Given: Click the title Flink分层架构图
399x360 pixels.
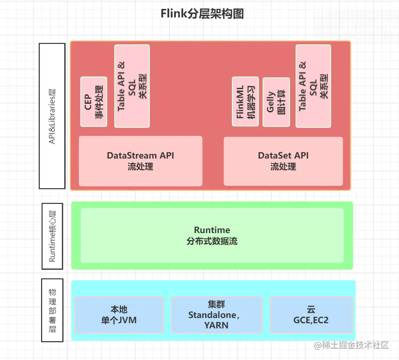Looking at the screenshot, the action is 202,14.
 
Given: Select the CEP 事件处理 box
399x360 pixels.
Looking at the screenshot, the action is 93,102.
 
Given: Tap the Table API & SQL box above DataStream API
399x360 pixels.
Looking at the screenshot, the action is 132,86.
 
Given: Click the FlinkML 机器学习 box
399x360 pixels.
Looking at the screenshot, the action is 246,101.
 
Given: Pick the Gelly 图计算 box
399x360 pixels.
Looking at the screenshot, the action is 276,102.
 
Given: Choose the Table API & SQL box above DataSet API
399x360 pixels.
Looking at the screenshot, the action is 313,86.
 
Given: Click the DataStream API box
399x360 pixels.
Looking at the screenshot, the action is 140,161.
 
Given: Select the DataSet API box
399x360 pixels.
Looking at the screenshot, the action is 283,161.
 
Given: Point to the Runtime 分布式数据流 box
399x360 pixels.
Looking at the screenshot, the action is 212,235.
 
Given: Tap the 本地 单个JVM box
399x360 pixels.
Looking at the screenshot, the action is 119,315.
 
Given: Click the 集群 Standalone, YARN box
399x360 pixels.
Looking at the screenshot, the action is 216,315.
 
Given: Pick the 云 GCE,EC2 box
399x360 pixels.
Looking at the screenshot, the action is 311,315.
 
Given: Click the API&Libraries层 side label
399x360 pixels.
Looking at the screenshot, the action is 52,116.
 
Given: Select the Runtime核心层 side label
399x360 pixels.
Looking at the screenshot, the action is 52,236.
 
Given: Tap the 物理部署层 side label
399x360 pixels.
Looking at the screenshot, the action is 52,310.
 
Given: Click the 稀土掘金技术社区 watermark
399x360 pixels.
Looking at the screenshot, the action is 351,345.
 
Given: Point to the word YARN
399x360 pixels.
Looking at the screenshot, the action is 216,326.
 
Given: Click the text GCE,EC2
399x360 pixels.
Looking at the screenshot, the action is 311,320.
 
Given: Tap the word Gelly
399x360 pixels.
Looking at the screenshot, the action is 270,102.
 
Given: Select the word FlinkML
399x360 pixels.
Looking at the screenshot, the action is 240,102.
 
